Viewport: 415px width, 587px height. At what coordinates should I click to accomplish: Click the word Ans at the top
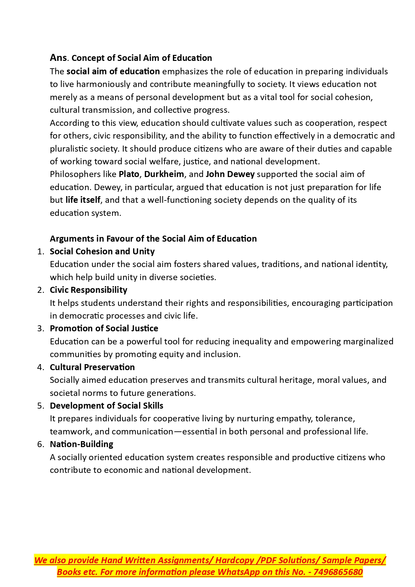pos(58,58)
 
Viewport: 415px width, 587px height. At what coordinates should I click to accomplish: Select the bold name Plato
pos(129,174)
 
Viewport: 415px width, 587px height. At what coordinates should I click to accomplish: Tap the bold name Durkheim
pos(164,174)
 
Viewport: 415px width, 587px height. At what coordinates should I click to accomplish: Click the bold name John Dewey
pos(230,174)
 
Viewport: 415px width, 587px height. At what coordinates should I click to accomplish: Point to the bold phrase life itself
pos(83,200)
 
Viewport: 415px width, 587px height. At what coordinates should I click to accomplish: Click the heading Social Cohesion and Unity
pos(102,252)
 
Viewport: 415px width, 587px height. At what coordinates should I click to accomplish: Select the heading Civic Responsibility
pos(88,290)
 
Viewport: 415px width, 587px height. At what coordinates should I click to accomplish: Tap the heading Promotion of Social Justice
pos(104,329)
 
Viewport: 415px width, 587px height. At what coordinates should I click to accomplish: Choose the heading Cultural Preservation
pos(92,367)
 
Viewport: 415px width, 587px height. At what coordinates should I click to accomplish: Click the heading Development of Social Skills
pos(106,406)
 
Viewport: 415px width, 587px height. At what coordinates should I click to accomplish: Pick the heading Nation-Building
pos(82,444)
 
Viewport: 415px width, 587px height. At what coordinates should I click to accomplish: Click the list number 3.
pos(40,329)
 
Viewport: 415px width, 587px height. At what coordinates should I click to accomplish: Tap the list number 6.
pos(40,444)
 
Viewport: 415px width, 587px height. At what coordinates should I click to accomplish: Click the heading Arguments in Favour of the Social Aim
pos(153,239)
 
